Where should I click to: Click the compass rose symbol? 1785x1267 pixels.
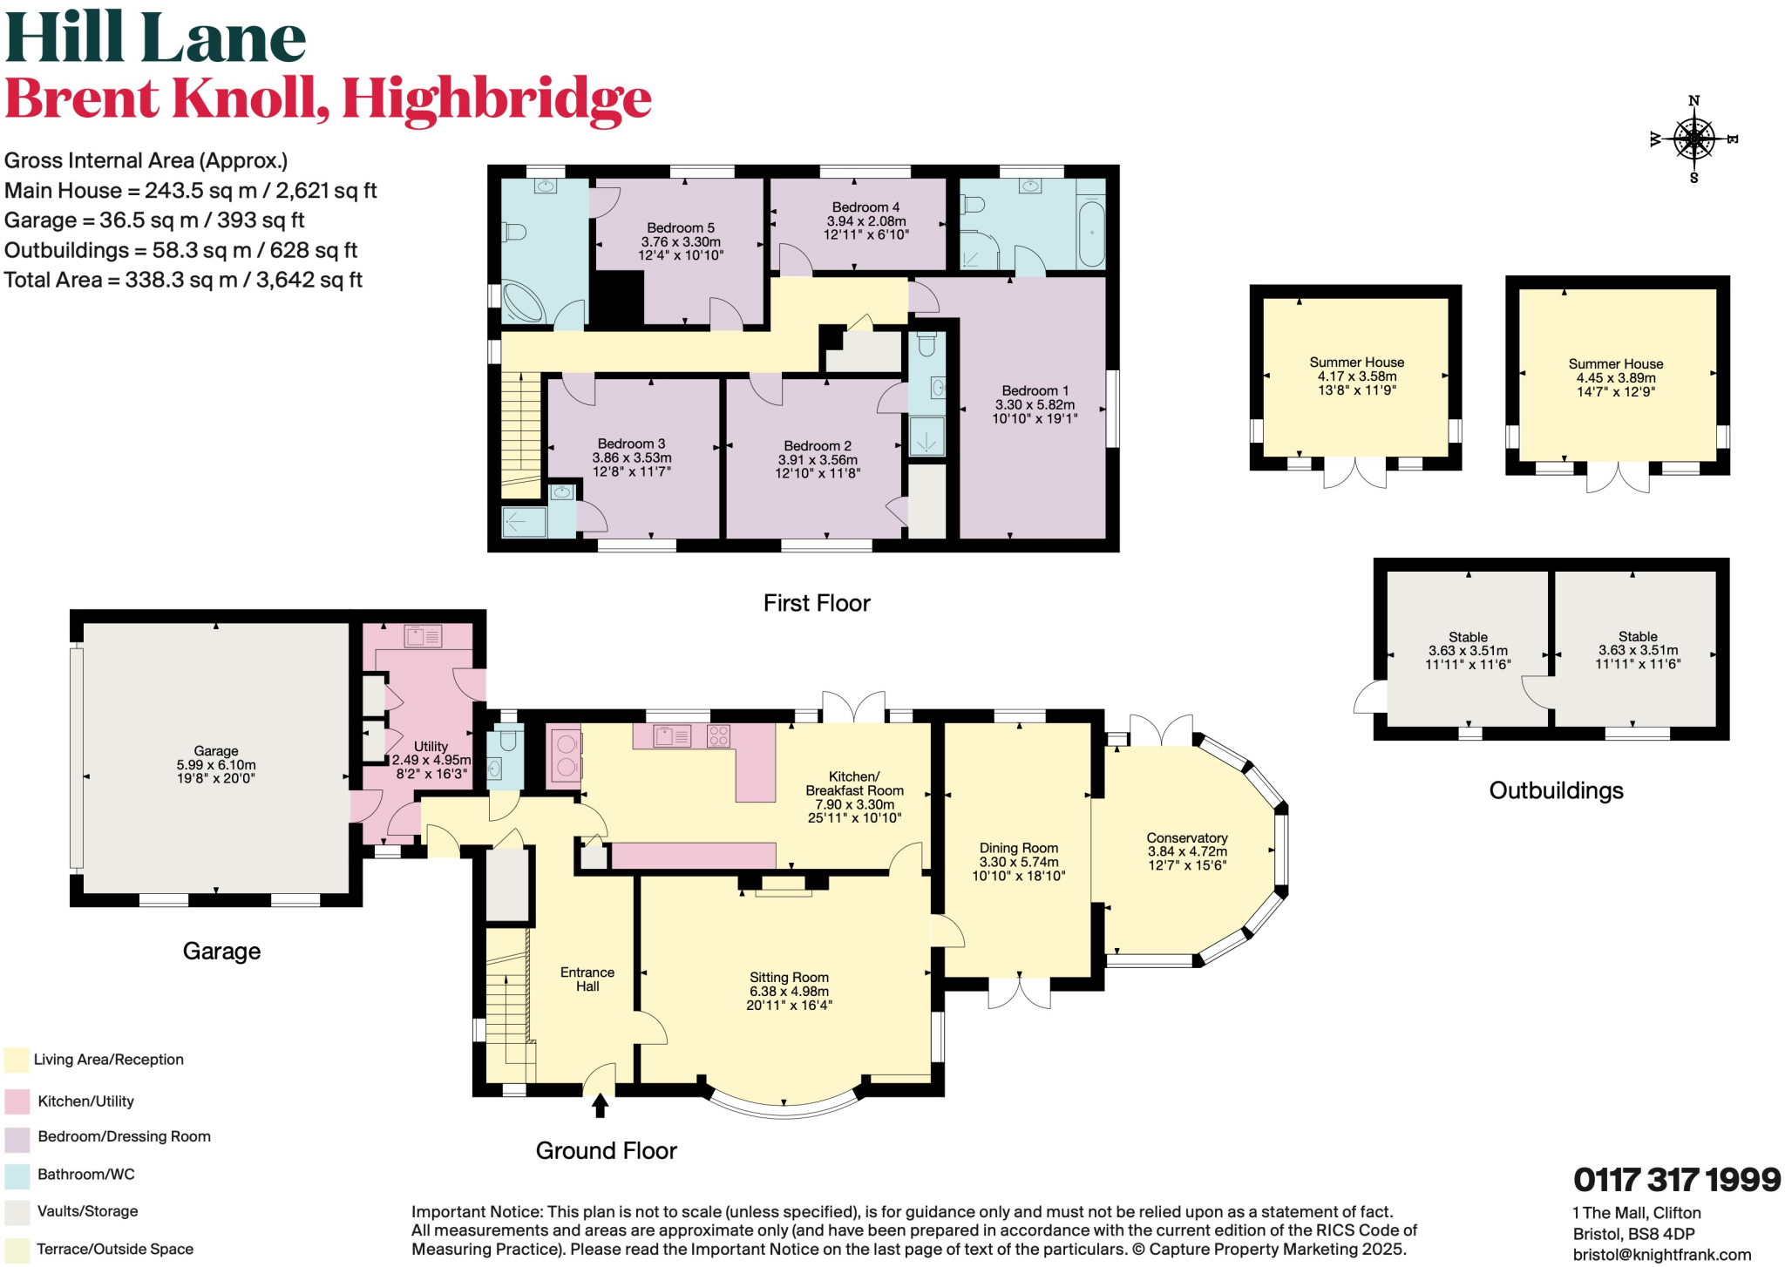click(1693, 139)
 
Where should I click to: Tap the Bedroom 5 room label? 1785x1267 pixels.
click(680, 228)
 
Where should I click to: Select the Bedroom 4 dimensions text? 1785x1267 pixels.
click(865, 227)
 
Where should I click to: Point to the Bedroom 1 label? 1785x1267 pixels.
click(1035, 391)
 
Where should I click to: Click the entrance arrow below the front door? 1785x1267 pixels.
click(600, 1106)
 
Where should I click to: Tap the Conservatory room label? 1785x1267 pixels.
click(1186, 837)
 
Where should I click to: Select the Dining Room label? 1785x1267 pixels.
click(1018, 848)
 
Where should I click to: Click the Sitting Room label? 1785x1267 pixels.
click(789, 978)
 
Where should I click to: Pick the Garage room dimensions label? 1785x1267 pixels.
click(216, 771)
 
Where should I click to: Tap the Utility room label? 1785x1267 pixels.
click(431, 747)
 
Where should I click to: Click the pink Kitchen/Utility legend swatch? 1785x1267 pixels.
click(17, 1101)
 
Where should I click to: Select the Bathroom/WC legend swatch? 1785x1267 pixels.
click(17, 1176)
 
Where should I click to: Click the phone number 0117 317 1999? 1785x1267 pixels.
click(1676, 1180)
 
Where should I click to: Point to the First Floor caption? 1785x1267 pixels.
click(817, 603)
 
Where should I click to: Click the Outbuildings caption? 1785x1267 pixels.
click(1556, 790)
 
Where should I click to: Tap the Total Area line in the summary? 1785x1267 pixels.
click(183, 281)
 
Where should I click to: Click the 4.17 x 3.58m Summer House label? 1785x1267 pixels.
click(1356, 376)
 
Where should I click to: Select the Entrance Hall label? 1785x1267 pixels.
click(587, 979)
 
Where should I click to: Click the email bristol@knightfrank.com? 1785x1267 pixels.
click(1661, 1255)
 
